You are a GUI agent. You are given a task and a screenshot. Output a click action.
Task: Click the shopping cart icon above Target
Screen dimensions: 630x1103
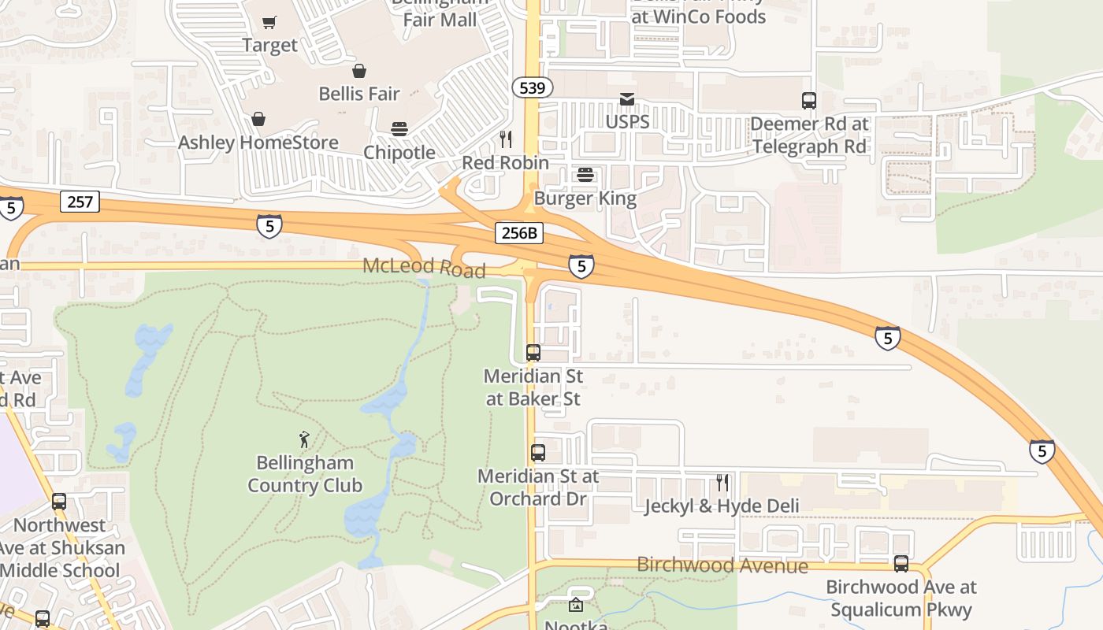tap(269, 23)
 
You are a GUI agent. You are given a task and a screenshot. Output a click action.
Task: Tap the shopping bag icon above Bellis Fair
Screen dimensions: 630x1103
tap(359, 72)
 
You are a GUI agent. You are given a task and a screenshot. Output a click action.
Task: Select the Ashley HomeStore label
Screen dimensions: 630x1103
tap(258, 143)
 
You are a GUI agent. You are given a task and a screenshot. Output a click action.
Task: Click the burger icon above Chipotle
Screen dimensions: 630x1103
tap(399, 130)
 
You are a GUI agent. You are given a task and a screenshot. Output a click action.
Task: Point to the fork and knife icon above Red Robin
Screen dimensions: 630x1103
tap(506, 139)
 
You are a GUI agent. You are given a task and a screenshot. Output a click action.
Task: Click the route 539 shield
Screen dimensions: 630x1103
tap(533, 87)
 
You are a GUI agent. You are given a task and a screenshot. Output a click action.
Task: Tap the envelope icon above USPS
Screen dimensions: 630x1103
tap(627, 99)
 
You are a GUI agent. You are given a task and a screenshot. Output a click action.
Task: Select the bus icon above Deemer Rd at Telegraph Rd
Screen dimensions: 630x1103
tap(809, 101)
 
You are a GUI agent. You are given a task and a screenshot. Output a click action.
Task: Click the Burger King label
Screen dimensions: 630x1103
tap(585, 198)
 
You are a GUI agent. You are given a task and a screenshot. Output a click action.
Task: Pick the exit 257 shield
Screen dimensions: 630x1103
tap(80, 202)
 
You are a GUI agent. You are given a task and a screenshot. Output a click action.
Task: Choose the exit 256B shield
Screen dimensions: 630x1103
tap(519, 232)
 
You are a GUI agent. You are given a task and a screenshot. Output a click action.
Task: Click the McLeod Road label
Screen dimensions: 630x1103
tap(424, 268)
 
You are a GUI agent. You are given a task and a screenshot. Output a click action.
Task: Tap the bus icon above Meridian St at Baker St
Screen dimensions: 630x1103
tap(533, 353)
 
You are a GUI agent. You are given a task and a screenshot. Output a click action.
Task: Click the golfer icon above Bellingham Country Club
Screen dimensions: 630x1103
tap(304, 439)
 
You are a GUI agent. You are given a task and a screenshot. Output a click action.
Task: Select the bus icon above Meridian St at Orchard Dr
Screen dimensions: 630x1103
tap(538, 453)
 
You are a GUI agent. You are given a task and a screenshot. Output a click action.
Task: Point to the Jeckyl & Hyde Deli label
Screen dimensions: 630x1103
tap(722, 506)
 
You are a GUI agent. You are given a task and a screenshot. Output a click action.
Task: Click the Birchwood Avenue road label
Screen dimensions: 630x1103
tap(722, 565)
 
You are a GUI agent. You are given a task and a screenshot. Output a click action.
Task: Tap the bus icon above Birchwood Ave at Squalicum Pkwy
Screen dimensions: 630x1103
tap(901, 564)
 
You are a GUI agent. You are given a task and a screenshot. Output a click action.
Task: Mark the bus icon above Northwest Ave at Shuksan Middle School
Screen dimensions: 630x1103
tap(59, 502)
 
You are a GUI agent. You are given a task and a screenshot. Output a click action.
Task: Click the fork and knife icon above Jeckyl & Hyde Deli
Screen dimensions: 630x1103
tap(722, 483)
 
